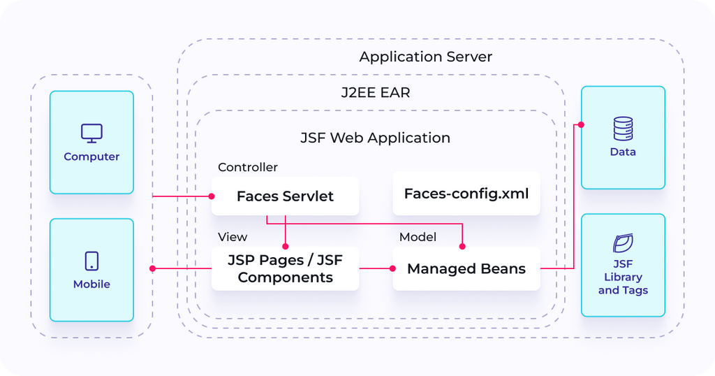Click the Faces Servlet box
click(x=285, y=196)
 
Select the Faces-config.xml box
click(x=466, y=194)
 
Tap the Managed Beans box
click(x=466, y=269)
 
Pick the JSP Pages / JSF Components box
click(x=285, y=269)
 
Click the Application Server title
click(x=425, y=57)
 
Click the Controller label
click(x=247, y=168)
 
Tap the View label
click(x=233, y=237)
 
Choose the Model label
click(x=418, y=237)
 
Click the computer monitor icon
click(x=91, y=133)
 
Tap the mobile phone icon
click(x=91, y=261)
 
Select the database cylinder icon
click(x=623, y=129)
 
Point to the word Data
click(x=623, y=152)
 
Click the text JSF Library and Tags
click(x=623, y=277)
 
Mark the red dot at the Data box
click(x=581, y=125)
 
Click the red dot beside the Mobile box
click(x=152, y=268)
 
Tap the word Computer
click(x=91, y=157)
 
